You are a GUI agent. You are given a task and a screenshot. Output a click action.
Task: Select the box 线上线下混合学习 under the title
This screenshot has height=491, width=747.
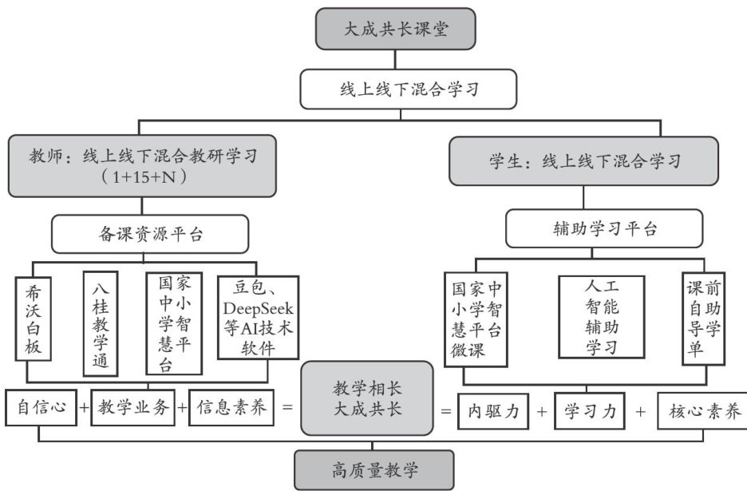tap(409, 89)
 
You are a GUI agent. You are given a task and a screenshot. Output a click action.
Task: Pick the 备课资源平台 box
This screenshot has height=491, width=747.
tap(144, 235)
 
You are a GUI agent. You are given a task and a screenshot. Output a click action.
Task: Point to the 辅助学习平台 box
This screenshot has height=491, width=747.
tap(605, 228)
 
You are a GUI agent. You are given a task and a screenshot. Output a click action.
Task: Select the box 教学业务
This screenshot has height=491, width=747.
tap(132, 408)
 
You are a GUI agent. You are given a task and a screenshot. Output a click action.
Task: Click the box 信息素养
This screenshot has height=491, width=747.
tap(229, 408)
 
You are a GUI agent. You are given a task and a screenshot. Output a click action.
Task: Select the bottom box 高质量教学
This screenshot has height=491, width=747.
tap(373, 470)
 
